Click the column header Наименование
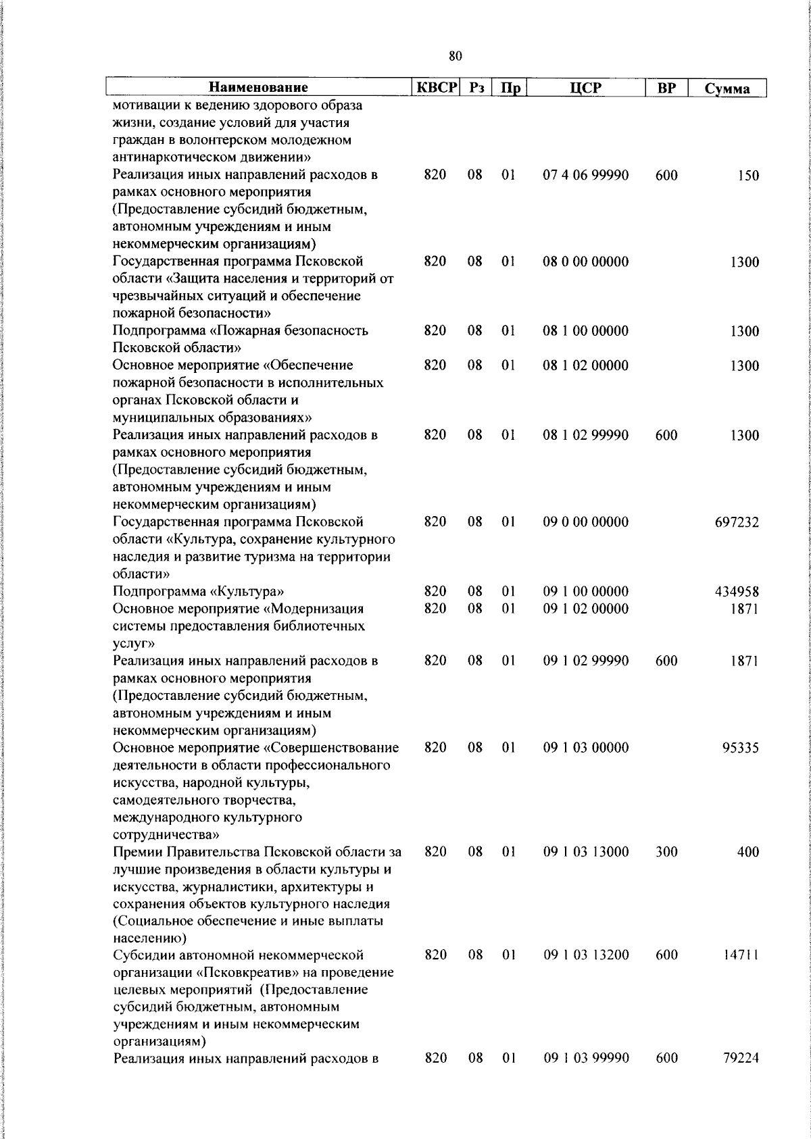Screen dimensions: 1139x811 258,88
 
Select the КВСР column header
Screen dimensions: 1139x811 437,88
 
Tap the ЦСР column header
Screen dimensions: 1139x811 586,88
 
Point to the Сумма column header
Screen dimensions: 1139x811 727,88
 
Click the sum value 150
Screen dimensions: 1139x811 748,176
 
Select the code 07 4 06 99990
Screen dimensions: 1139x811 586,175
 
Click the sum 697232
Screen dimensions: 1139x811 737,522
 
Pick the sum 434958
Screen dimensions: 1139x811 737,592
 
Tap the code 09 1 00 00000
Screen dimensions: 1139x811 586,592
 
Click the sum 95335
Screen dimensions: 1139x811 740,748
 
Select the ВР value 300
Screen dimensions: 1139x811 666,852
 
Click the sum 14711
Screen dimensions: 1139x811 740,955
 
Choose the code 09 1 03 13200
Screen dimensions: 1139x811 586,955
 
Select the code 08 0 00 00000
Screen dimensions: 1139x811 586,262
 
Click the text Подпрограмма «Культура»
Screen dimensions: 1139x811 198,592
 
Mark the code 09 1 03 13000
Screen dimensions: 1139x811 586,852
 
